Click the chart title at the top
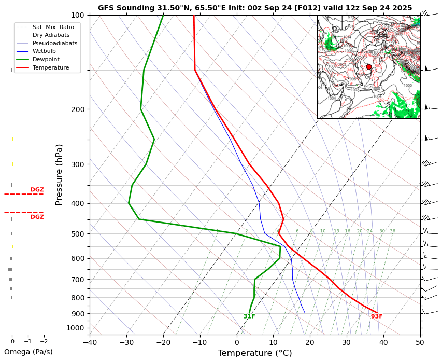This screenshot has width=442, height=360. pyautogui.click(x=255, y=8)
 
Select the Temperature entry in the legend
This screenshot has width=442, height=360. pyautogui.click(x=50, y=67)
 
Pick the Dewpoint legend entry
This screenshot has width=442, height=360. pyautogui.click(x=50, y=60)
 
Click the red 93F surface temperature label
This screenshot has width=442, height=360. pyautogui.click(x=377, y=316)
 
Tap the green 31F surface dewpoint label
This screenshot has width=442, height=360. pyautogui.click(x=249, y=316)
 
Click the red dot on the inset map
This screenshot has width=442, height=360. pyautogui.click(x=369, y=67)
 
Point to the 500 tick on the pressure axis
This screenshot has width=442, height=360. pyautogui.click(x=78, y=234)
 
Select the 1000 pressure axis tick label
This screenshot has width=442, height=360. pyautogui.click(x=76, y=328)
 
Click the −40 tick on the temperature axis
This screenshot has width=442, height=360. pyautogui.click(x=90, y=342)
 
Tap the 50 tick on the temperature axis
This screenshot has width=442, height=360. pyautogui.click(x=420, y=342)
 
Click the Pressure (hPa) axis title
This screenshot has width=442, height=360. pyautogui.click(x=60, y=175)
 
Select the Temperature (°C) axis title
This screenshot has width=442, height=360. pyautogui.click(x=255, y=353)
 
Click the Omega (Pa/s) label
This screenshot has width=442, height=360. pyautogui.click(x=28, y=352)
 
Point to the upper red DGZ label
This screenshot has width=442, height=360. pyautogui.click(x=37, y=190)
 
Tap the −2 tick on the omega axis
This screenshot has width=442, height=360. pyautogui.click(x=44, y=341)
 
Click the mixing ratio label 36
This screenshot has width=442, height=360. pyautogui.click(x=392, y=231)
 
